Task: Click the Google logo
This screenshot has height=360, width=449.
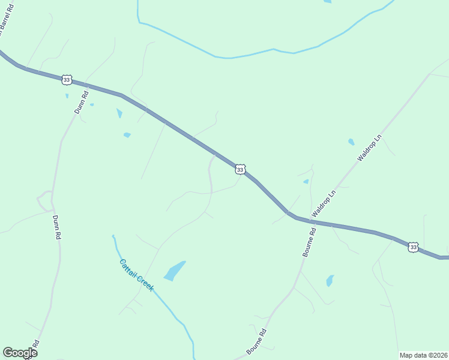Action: (x=20, y=353)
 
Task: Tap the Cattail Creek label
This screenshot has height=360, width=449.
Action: (x=136, y=275)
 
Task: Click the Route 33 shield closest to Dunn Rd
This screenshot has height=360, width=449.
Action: (x=67, y=80)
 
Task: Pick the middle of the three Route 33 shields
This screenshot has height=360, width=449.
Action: (x=240, y=170)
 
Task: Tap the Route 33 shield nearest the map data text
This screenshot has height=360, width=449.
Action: (x=412, y=247)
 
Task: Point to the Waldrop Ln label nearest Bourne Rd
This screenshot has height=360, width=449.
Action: (x=323, y=205)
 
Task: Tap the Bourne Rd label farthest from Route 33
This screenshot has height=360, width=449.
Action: (x=256, y=342)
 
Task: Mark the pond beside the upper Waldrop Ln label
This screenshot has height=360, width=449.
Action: (x=351, y=142)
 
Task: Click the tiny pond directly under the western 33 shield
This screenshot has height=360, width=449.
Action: (x=67, y=95)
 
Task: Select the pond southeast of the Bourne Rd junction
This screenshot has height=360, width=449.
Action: (x=330, y=280)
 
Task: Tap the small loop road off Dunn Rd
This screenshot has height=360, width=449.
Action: (x=44, y=200)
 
